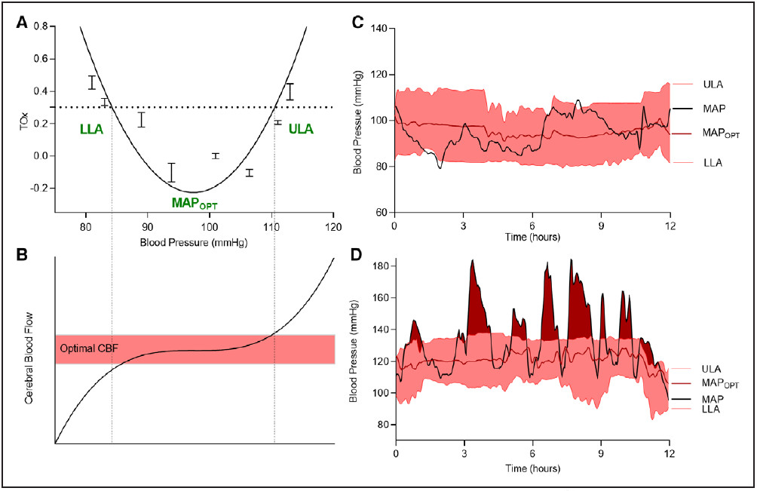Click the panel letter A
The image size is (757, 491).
[22, 23]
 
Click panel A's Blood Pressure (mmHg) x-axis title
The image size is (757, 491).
[195, 243]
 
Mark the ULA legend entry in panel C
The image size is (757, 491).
[713, 84]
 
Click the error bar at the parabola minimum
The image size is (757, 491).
[172, 173]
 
